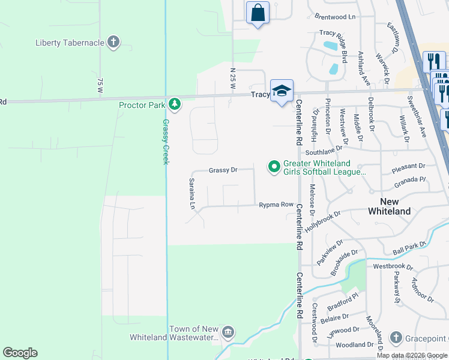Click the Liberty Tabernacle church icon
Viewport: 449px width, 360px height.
(113, 42)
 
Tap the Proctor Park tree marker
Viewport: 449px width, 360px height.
(175, 105)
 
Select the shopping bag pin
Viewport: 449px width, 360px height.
(258, 13)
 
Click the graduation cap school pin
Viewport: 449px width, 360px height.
(281, 91)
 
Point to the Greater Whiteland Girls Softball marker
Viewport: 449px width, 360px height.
(274, 166)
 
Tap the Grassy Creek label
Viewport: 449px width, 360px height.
(166, 142)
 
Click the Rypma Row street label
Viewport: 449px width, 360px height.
(276, 205)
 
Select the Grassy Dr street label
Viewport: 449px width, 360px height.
(223, 170)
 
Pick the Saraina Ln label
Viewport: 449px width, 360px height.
(192, 194)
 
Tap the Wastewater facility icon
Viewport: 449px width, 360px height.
(228, 332)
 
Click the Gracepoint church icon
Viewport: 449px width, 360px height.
(396, 338)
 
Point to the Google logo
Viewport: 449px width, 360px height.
(20, 353)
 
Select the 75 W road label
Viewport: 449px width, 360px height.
(100, 85)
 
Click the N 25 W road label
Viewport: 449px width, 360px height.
(233, 79)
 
